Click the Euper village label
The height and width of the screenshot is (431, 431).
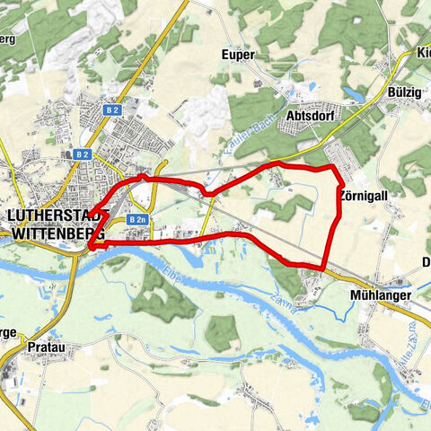pos(238,55)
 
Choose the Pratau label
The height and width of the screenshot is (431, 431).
pos(45,344)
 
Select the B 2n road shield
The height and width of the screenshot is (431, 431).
pos(136,219)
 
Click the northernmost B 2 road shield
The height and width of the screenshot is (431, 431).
pos(112,110)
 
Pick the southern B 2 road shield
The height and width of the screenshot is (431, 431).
pos(83,154)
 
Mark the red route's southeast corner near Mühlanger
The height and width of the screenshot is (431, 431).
pos(322,268)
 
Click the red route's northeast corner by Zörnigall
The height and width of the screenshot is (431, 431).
pos(334,168)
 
